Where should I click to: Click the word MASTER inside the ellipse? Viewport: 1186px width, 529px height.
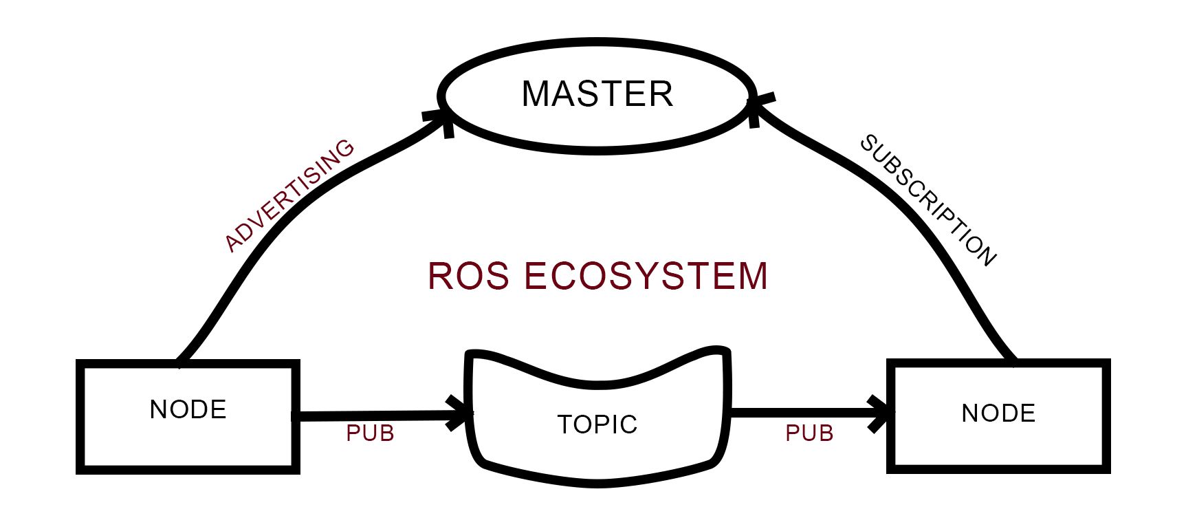tap(597, 94)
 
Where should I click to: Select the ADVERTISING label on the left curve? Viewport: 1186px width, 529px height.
tap(289, 195)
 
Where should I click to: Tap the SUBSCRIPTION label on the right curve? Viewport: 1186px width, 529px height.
tap(928, 199)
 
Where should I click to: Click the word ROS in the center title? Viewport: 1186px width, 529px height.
tap(468, 276)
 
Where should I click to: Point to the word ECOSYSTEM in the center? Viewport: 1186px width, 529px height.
tap(646, 276)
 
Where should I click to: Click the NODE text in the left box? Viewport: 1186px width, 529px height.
tap(188, 409)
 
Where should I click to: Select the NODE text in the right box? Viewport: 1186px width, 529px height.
tap(998, 413)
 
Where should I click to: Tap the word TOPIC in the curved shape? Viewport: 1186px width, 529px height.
tap(597, 424)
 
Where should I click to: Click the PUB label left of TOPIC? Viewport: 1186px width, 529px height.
tap(370, 433)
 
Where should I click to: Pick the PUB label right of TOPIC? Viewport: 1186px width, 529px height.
tap(809, 433)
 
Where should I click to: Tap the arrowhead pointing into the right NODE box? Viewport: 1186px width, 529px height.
tap(882, 413)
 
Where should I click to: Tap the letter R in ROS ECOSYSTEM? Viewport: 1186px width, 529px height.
tap(441, 276)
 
